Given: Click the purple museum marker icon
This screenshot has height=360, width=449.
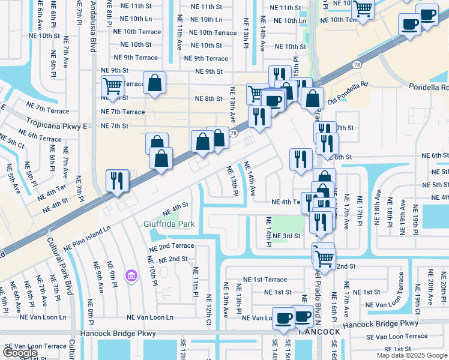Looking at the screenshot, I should point(130,275).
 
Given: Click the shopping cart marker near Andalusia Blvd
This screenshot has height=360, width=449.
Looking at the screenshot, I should point(112,86).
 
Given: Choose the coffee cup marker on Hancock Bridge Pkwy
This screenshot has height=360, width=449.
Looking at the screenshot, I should point(283,317).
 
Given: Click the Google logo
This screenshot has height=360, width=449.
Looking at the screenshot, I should point(20,353).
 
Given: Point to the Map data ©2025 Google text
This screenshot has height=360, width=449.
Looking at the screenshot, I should point(411,355).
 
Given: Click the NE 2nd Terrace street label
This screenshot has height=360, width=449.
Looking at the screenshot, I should point(172,246).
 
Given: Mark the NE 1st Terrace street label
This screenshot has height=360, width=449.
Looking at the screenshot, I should point(265,280).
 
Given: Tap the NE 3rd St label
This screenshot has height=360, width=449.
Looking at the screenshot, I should point(286,236).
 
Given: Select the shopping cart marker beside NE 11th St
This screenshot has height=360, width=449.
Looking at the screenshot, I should point(363,8).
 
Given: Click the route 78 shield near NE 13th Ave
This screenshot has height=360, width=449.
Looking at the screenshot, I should point(233,133).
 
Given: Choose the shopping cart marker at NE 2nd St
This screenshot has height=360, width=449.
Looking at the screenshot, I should point(324,258).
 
